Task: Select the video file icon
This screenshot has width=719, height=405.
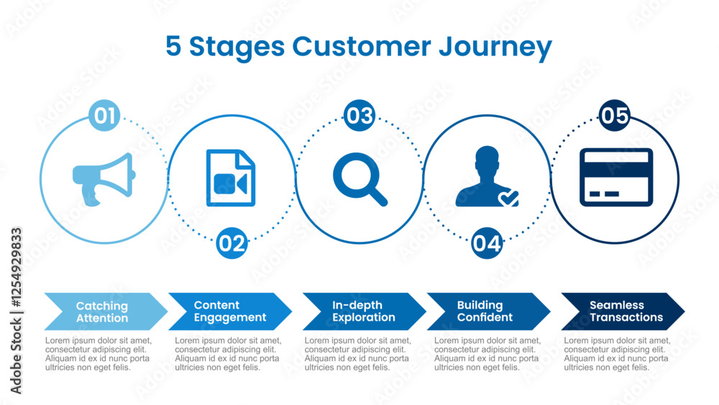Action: [231, 178]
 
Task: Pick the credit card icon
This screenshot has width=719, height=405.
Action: [616, 178]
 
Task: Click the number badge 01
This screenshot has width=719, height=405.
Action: [104, 117]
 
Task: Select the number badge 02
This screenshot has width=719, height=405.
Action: [232, 243]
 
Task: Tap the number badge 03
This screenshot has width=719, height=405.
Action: [359, 116]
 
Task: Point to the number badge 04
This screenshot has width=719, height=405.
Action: [487, 243]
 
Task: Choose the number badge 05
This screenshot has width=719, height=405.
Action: [615, 116]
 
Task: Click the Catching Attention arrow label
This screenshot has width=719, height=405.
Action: [102, 311]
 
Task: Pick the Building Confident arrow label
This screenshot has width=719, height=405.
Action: [485, 311]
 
